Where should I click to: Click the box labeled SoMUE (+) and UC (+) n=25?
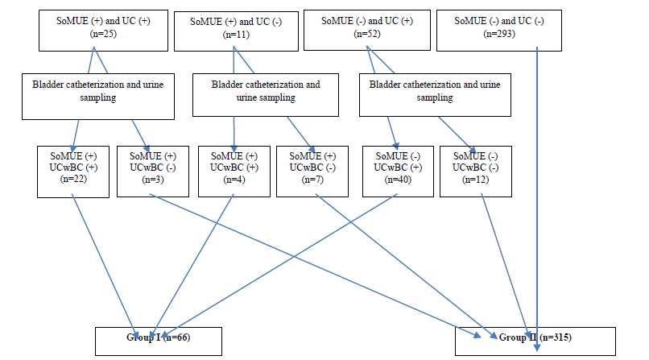[104, 31]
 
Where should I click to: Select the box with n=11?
[236, 31]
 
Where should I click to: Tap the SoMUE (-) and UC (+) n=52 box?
[367, 31]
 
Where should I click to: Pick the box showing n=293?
[499, 31]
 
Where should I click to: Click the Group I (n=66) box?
[159, 341]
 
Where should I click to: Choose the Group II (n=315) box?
[535, 341]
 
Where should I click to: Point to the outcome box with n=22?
[73, 172]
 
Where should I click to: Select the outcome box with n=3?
[153, 172]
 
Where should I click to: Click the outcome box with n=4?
[234, 172]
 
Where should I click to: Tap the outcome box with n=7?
[312, 172]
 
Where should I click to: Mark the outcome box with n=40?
[398, 172]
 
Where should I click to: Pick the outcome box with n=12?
[476, 172]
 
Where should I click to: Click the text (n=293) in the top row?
[499, 34]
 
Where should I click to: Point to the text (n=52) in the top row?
[367, 34]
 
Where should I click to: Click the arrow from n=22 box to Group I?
[104, 267]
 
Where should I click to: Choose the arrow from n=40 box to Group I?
[279, 267]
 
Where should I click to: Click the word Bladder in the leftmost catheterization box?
[48, 85]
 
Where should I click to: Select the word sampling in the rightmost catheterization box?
[435, 97]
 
